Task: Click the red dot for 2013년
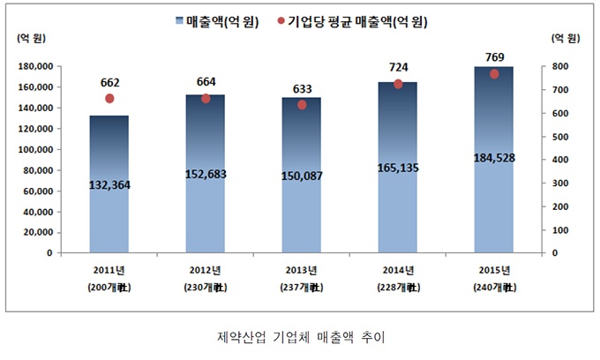click(x=302, y=105)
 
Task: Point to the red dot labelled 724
click(x=397, y=84)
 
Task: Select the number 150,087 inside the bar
click(x=301, y=176)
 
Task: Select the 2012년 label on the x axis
click(x=205, y=270)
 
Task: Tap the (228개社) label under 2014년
click(x=397, y=288)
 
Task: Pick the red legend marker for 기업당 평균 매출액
click(x=281, y=21)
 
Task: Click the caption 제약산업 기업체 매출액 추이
click(x=300, y=337)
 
